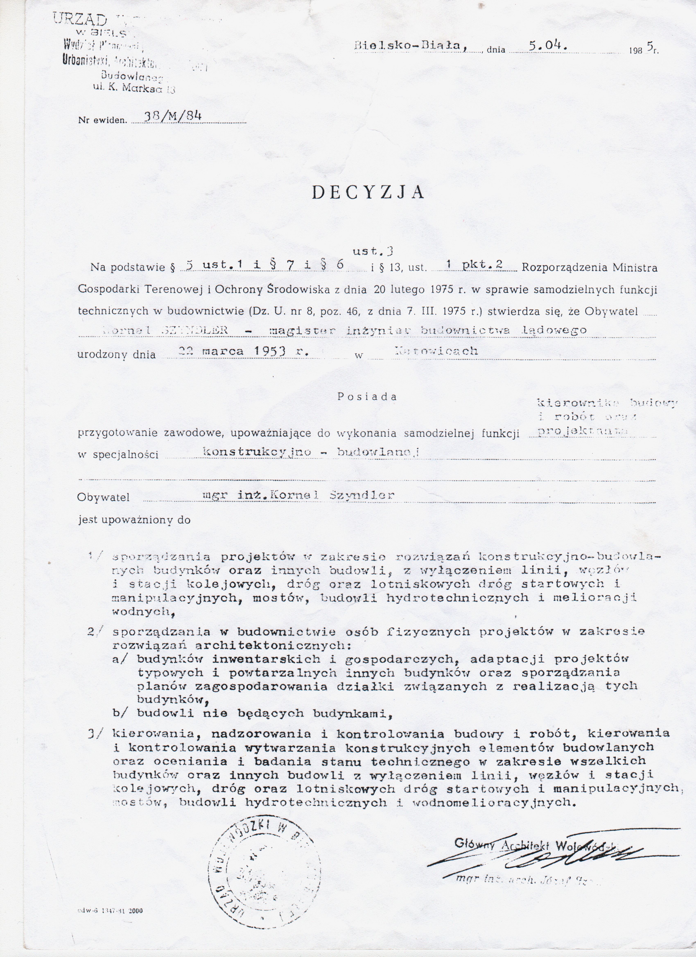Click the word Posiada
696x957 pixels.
[367, 397]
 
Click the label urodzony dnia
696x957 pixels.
[116, 354]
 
